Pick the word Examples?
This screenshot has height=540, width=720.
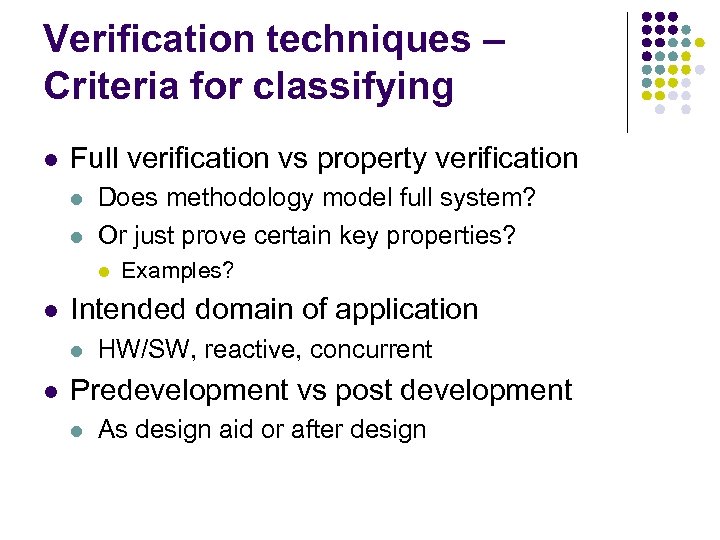point(177,270)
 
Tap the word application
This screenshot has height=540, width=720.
point(407,309)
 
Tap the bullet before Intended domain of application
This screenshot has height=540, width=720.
point(51,310)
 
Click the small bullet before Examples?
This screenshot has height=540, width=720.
point(103,271)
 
